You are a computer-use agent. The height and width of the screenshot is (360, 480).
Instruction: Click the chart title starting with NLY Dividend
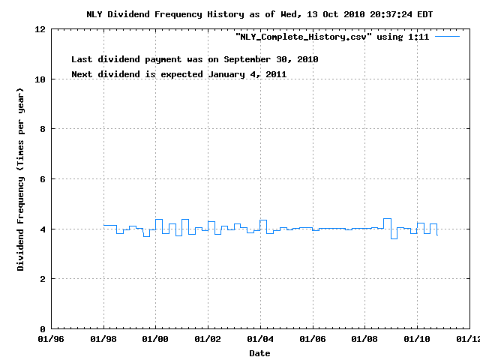(x=259, y=14)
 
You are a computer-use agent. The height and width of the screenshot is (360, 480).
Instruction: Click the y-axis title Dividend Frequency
(x=21, y=178)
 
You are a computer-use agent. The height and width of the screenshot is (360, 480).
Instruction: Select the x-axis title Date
(x=259, y=352)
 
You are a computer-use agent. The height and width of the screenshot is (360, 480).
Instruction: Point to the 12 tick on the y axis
(x=40, y=29)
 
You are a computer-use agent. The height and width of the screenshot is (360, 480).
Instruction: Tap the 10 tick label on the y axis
(x=40, y=79)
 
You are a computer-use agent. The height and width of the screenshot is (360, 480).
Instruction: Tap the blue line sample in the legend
(x=447, y=36)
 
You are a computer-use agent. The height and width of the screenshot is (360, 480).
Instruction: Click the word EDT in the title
(x=424, y=14)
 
